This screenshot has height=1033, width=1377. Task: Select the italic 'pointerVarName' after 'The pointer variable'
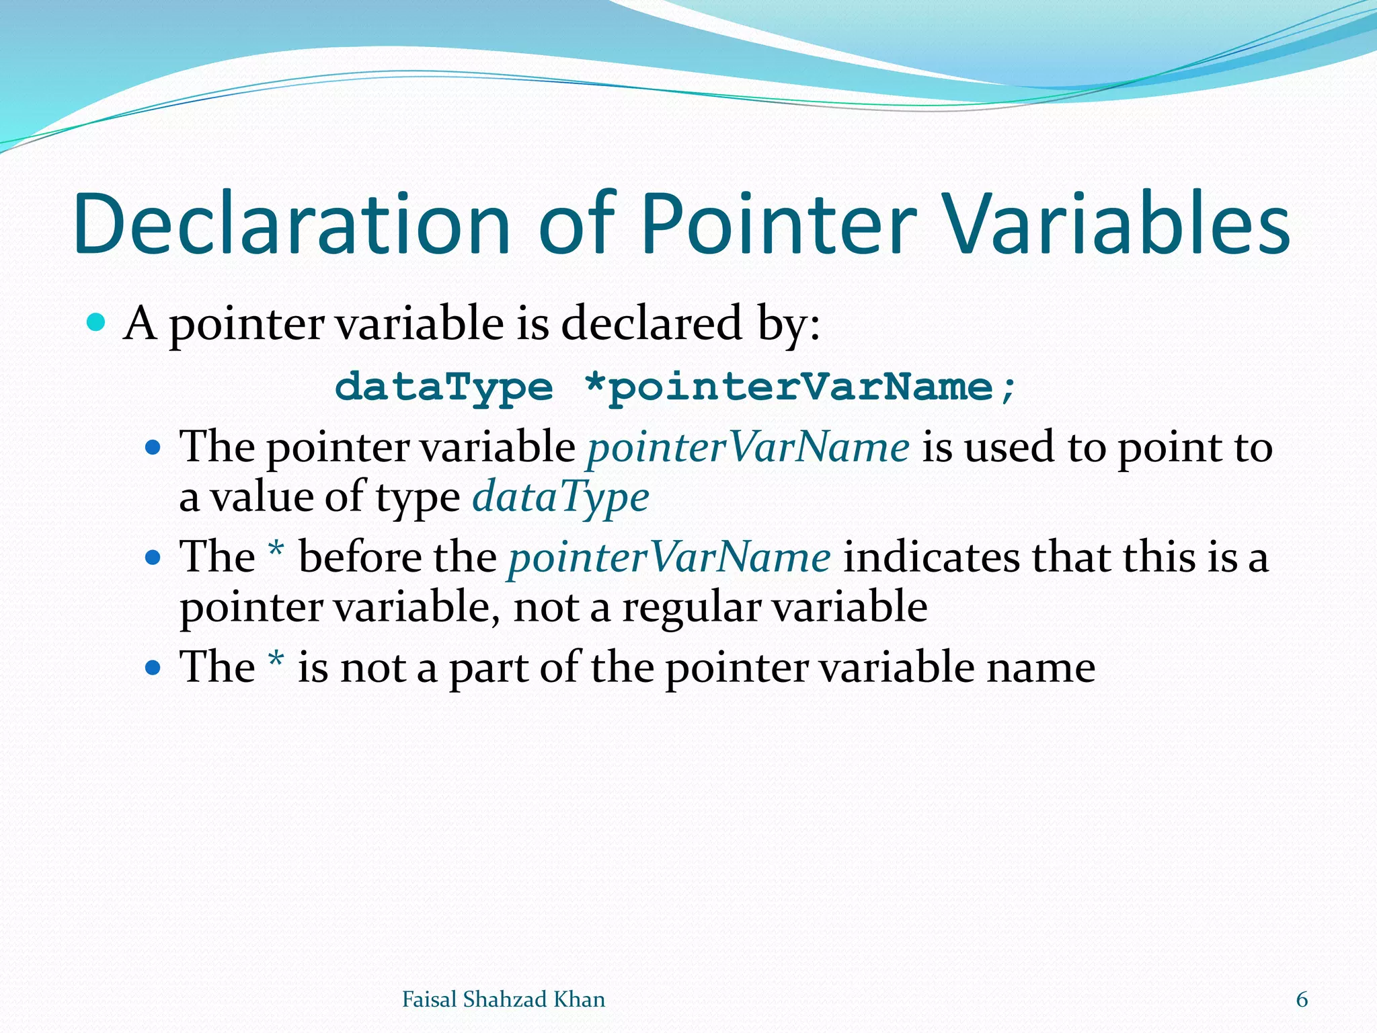748,447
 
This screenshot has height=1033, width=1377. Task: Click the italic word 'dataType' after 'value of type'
561,498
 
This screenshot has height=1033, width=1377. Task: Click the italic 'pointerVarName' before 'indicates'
670,558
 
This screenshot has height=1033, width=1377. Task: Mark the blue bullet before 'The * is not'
153,668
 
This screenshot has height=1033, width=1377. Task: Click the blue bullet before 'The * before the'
153,558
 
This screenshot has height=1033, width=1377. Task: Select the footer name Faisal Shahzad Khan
503,999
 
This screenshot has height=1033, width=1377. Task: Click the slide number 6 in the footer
1302,999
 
